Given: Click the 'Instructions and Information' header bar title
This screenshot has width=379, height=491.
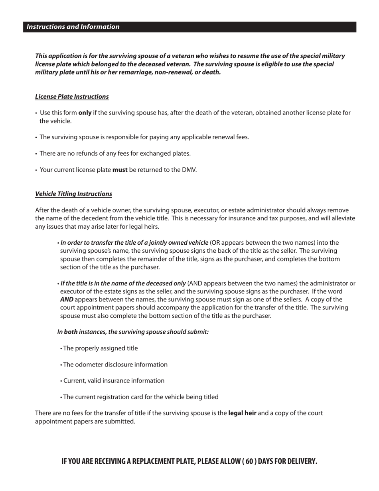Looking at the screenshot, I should [x=73, y=27].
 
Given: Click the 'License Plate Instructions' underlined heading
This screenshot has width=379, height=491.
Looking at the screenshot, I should [x=72, y=97].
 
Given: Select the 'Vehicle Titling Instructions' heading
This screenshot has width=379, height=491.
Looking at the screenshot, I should [x=73, y=194].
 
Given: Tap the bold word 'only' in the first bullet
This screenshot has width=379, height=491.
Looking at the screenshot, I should [x=85, y=113].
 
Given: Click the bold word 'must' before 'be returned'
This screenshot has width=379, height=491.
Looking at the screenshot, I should [x=120, y=170].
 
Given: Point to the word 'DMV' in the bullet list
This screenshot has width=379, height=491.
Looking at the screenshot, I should [x=189, y=170].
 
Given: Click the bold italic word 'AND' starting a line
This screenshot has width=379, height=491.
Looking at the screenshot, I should [x=67, y=299].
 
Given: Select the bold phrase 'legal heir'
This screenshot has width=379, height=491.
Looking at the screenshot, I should [x=242, y=413].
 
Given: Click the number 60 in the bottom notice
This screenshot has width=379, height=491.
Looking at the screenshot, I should [x=249, y=461].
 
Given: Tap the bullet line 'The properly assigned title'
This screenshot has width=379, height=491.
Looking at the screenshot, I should [x=100, y=348].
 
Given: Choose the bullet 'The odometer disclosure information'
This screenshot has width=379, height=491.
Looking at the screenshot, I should [x=115, y=364].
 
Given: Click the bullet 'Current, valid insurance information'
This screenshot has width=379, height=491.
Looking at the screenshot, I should [x=113, y=380].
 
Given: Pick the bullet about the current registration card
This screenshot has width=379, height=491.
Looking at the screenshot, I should [x=140, y=397].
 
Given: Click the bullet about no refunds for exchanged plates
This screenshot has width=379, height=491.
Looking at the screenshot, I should [x=115, y=153].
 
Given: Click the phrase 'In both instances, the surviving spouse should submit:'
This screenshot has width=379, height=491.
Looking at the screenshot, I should [x=133, y=332].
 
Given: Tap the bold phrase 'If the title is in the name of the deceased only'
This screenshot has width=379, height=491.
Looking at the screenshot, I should [x=123, y=283].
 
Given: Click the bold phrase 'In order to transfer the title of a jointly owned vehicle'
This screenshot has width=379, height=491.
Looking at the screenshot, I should [x=134, y=243].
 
